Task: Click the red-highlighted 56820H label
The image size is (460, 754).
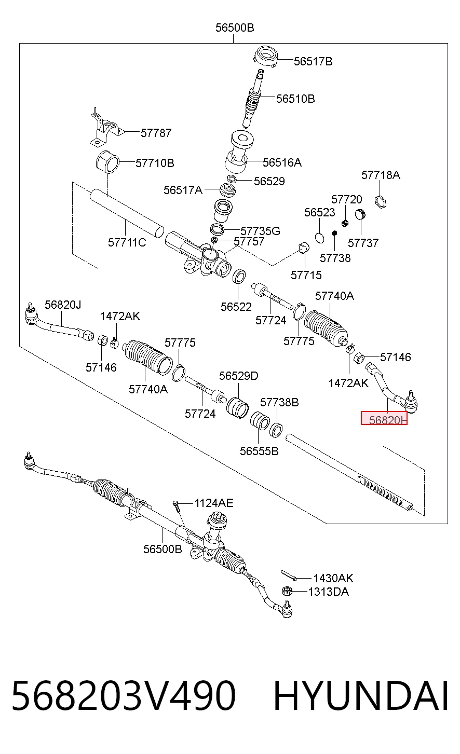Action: [384, 418]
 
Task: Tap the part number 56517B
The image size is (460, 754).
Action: [313, 62]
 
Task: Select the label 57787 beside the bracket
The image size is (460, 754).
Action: [156, 133]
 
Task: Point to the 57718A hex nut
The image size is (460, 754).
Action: [381, 202]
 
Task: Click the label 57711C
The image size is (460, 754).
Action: [127, 242]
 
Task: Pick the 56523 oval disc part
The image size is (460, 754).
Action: [319, 238]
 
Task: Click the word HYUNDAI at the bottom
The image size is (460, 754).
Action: [361, 696]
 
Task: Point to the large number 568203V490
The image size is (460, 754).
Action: [123, 696]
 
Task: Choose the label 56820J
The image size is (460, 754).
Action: [63, 305]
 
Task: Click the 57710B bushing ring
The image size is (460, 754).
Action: [107, 162]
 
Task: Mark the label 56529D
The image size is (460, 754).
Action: [239, 376]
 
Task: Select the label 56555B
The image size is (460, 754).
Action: [259, 451]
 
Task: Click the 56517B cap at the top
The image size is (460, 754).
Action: [266, 56]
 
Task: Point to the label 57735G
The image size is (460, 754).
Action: [260, 231]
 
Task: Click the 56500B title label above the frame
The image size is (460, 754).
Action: [235, 28]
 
